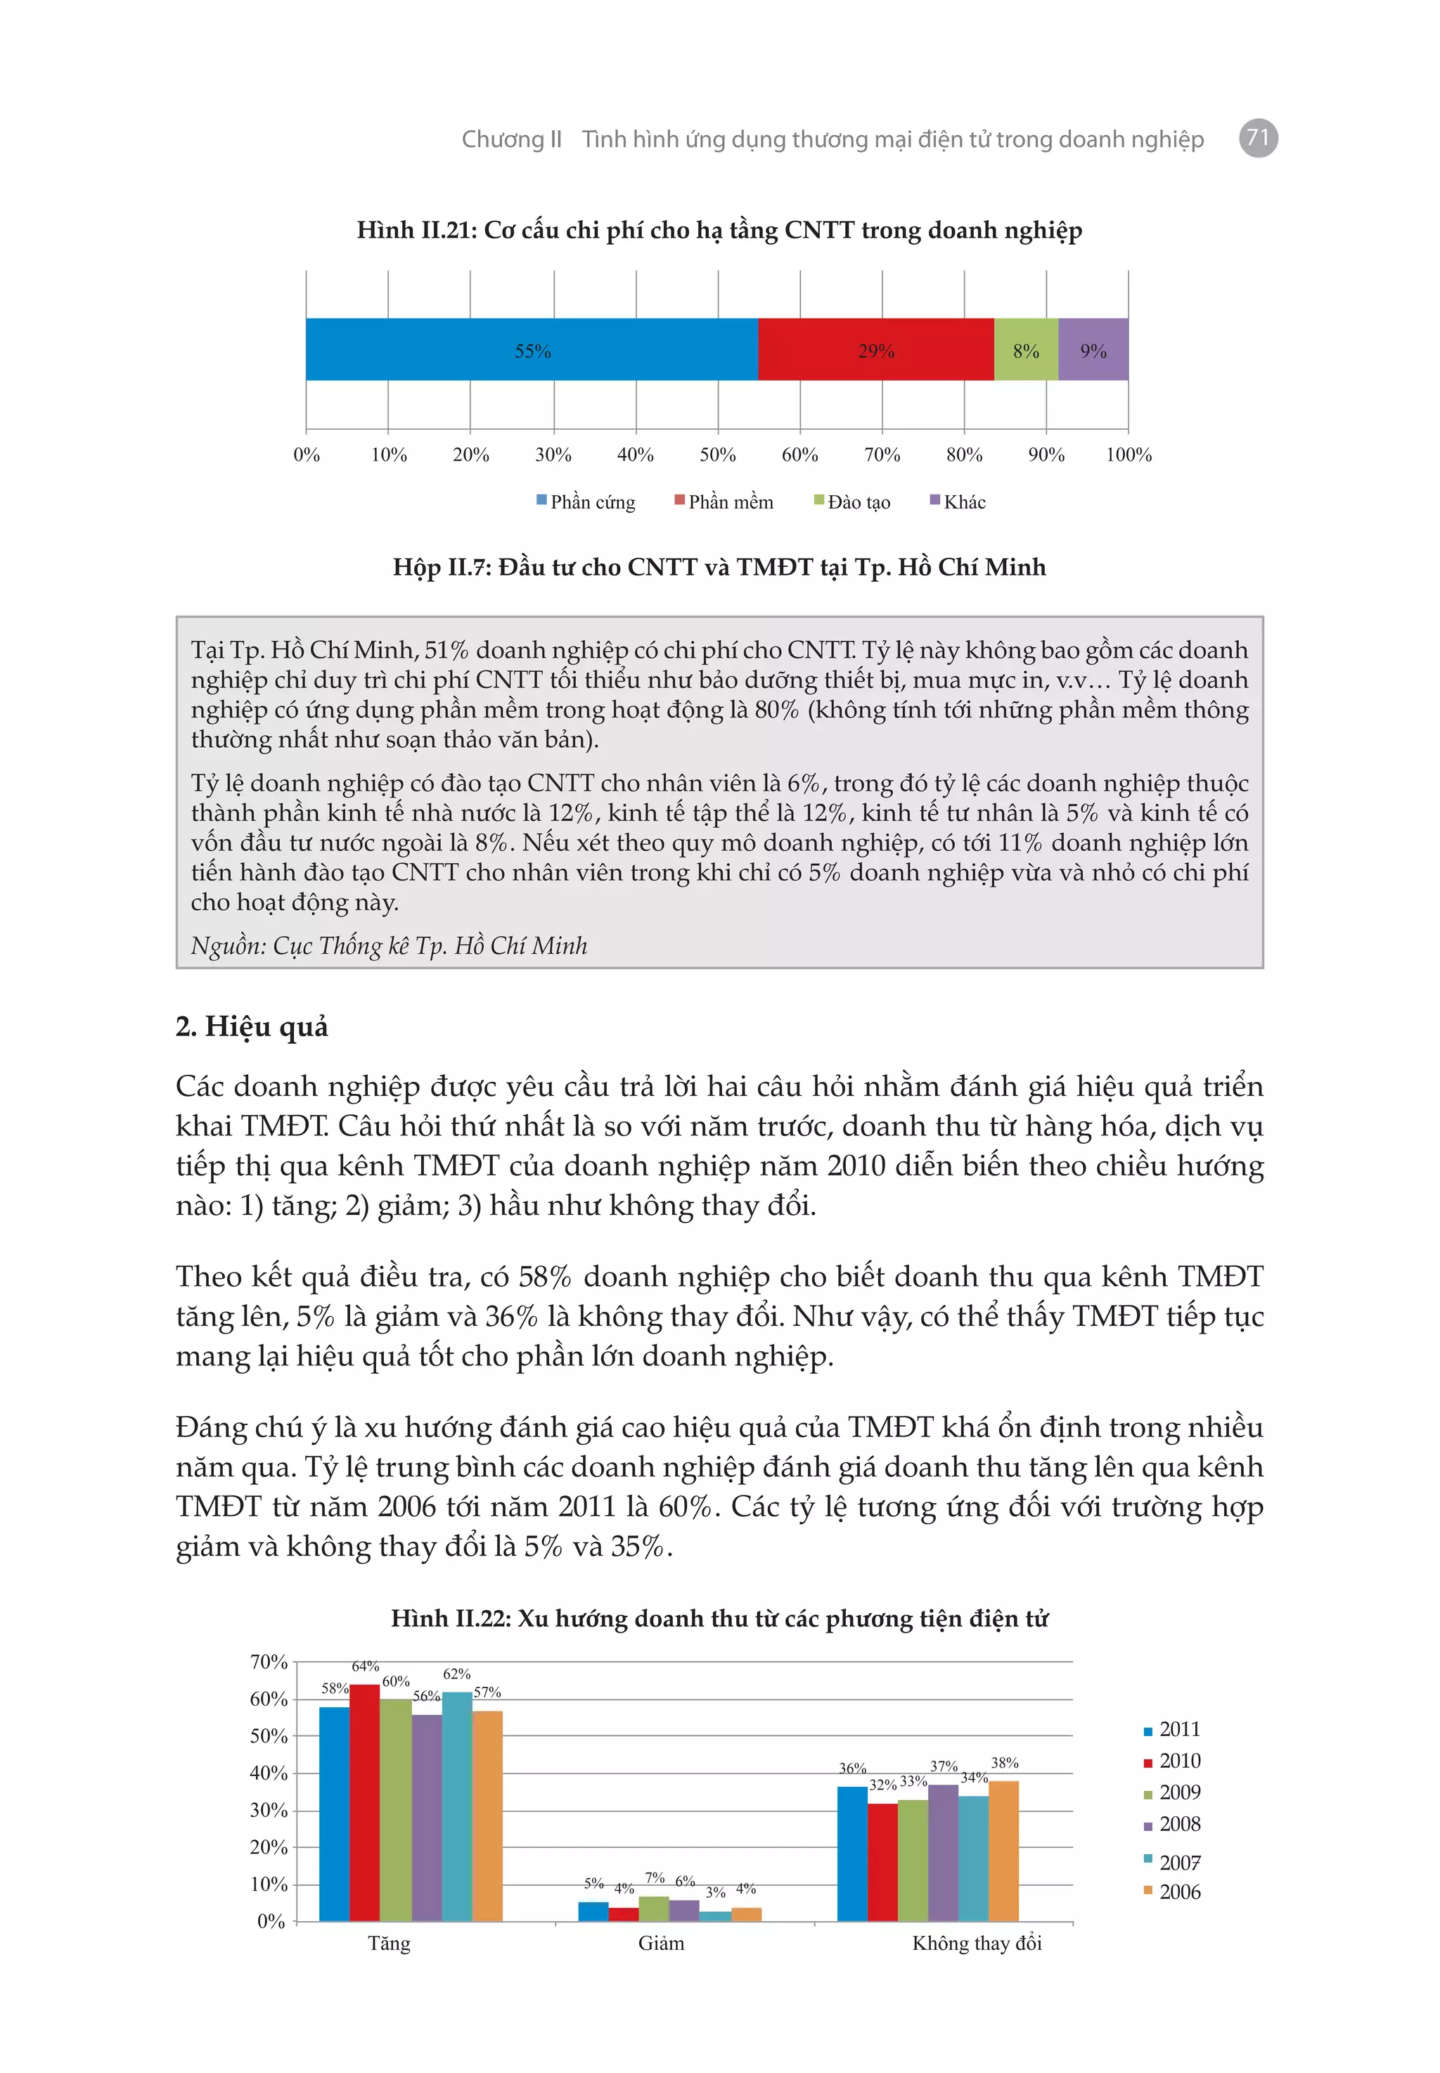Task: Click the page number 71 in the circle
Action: (x=1258, y=138)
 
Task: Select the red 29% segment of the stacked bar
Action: (x=875, y=350)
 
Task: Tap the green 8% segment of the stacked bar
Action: (x=1025, y=350)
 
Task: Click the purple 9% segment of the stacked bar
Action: (x=1093, y=350)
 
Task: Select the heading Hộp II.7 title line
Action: (x=719, y=567)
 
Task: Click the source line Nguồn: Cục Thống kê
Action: (x=389, y=945)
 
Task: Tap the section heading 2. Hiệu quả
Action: (x=252, y=1026)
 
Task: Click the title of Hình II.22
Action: (x=719, y=1618)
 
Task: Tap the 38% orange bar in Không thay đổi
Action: (x=1003, y=1850)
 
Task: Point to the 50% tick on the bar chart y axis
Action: (x=268, y=1735)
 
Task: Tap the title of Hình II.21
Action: (x=719, y=230)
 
